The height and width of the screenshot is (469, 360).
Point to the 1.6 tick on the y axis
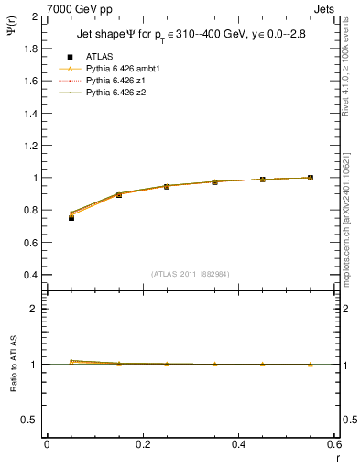coord(29,82)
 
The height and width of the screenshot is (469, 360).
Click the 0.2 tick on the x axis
coord(142,443)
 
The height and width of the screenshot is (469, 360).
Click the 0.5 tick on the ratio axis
coord(29,420)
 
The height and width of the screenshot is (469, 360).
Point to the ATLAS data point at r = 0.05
coord(71,218)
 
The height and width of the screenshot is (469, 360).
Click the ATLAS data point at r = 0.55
coord(310,178)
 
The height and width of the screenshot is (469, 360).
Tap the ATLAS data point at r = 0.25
coord(167,186)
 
